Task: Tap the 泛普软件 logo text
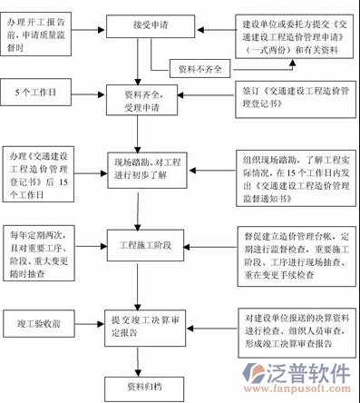tap(315, 373)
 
